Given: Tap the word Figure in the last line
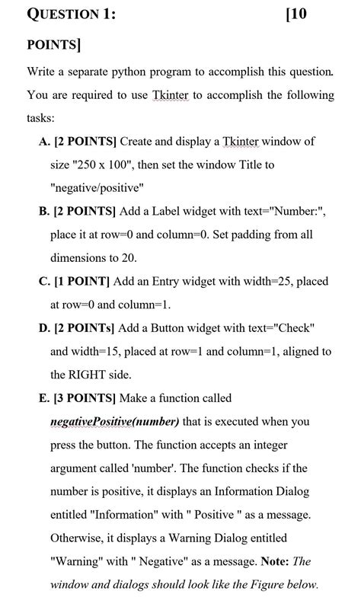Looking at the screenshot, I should tap(257, 585).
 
